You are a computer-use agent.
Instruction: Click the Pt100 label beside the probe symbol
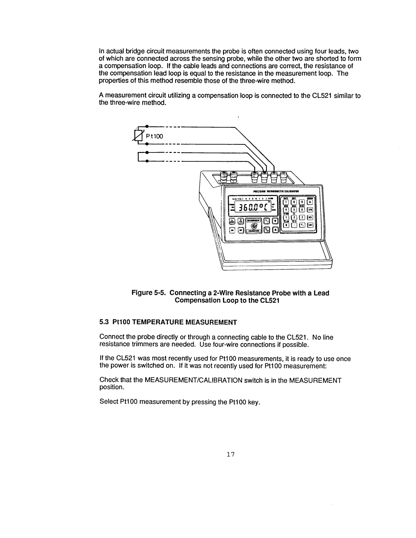point(157,136)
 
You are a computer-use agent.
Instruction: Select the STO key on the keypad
point(310,210)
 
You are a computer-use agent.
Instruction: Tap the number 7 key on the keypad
point(286,202)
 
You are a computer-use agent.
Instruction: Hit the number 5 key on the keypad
point(294,210)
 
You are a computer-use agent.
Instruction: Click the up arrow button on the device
point(275,221)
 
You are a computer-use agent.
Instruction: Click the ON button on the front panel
point(232,230)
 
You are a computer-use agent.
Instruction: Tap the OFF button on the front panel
point(240,230)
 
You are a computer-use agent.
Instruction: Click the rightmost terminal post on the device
point(283,177)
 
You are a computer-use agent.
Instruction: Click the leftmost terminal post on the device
point(223,177)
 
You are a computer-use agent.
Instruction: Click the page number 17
point(230,456)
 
